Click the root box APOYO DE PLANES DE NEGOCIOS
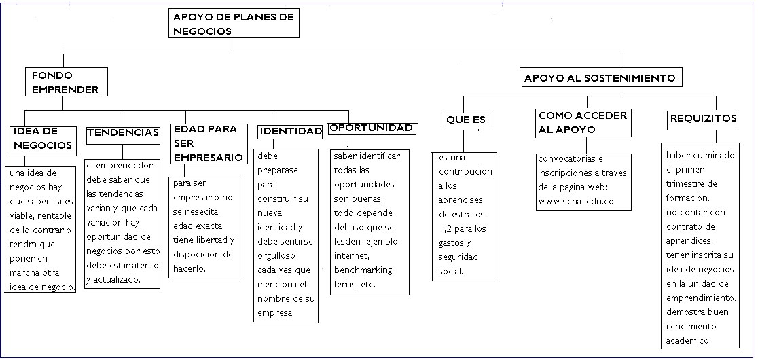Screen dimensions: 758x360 point(234,24)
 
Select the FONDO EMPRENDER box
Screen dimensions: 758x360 point(67,82)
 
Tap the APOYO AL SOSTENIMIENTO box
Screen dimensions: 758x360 point(602,78)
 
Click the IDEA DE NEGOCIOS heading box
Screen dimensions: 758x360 point(43,141)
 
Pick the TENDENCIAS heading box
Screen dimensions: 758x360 point(123,134)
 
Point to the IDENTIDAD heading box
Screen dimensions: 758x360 point(290,132)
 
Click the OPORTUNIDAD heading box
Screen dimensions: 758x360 point(372,128)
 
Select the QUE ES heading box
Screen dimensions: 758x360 point(466,120)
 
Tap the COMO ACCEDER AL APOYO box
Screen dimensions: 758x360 point(583,123)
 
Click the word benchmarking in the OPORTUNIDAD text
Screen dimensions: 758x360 point(363,270)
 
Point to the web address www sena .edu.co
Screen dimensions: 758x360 point(576,202)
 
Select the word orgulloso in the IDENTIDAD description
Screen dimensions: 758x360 point(276,255)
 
